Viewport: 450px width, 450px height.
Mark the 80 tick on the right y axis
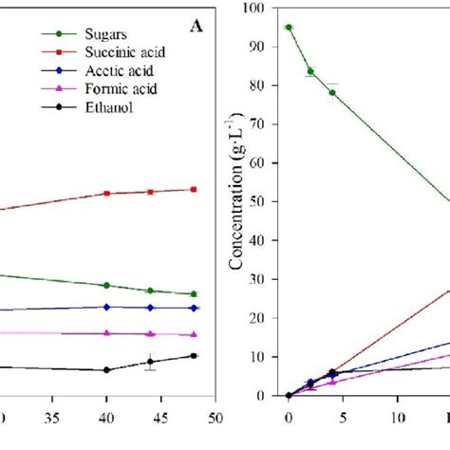269,85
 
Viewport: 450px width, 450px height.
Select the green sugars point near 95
289,28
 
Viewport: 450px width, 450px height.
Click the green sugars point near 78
332,93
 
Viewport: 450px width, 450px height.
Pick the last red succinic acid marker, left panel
194,189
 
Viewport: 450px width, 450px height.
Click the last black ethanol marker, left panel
194,356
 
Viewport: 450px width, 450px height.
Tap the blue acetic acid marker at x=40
106,307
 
